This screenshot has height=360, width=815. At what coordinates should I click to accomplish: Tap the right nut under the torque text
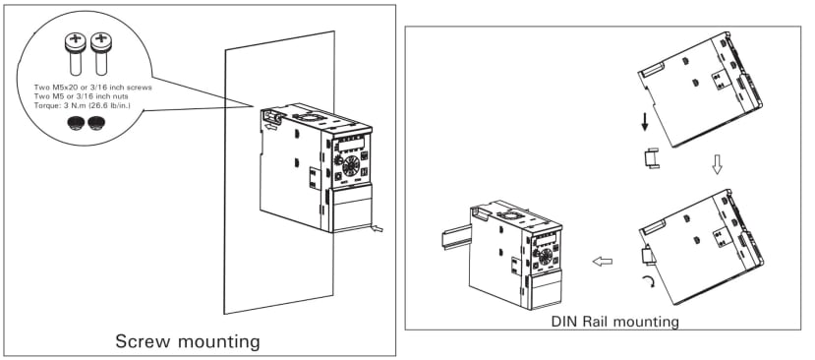pos(96,123)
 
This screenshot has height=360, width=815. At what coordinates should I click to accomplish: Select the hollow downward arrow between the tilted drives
pos(717,165)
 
